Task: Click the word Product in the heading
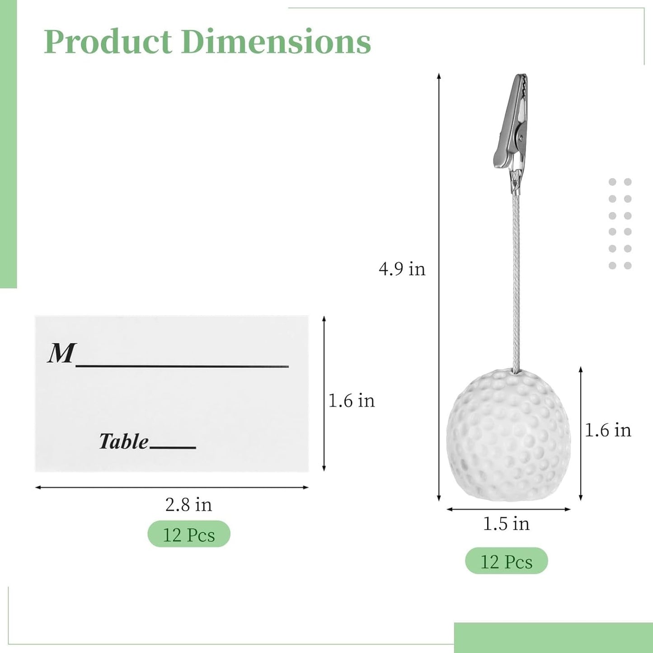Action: point(108,42)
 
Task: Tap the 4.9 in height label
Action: point(402,269)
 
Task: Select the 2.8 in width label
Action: point(188,504)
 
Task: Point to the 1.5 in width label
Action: point(506,524)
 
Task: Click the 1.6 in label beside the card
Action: point(351,401)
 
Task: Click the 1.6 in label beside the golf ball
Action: point(608,430)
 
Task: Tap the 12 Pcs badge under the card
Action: point(189,535)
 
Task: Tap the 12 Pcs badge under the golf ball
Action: point(506,562)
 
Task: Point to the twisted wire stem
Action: point(516,280)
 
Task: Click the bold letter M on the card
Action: point(61,353)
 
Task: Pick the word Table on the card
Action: point(123,441)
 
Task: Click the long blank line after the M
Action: point(182,366)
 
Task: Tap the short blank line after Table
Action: point(173,447)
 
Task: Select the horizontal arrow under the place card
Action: point(172,488)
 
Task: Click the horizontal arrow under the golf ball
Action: point(508,509)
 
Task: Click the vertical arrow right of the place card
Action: point(324,394)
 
